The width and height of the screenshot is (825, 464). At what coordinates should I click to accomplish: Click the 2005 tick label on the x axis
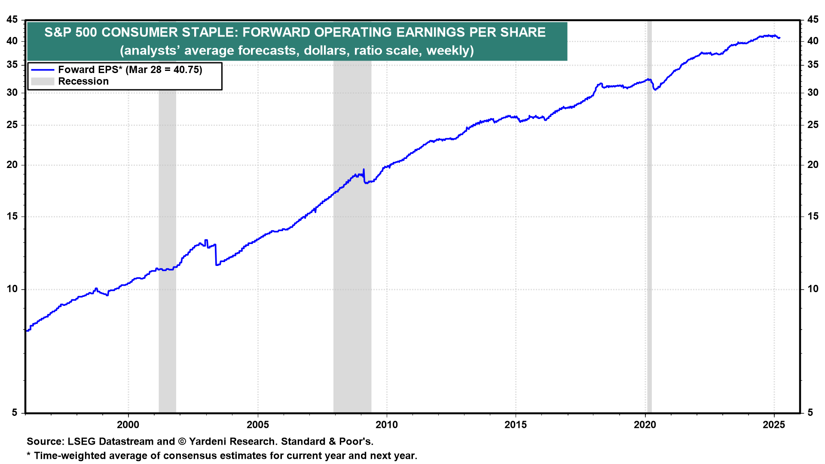(257, 425)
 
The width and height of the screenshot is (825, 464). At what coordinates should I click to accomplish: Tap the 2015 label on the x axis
(516, 425)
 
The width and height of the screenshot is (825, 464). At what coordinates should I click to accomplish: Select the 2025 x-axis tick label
(773, 425)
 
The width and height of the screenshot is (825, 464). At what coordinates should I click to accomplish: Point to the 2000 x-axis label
(128, 425)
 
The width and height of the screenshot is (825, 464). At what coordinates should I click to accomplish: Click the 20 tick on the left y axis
(12, 165)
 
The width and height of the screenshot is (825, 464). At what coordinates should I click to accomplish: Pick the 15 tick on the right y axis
(813, 217)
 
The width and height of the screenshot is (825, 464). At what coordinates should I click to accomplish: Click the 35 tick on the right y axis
(813, 65)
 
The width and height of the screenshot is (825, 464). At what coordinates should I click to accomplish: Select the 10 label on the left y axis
(12, 289)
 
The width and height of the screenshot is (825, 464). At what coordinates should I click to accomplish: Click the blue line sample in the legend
(43, 70)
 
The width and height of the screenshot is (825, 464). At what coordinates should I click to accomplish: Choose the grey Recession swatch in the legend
(43, 81)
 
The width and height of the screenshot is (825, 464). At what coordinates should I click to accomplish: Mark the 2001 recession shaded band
(167, 215)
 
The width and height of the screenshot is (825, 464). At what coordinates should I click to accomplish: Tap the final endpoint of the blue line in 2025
(779, 38)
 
